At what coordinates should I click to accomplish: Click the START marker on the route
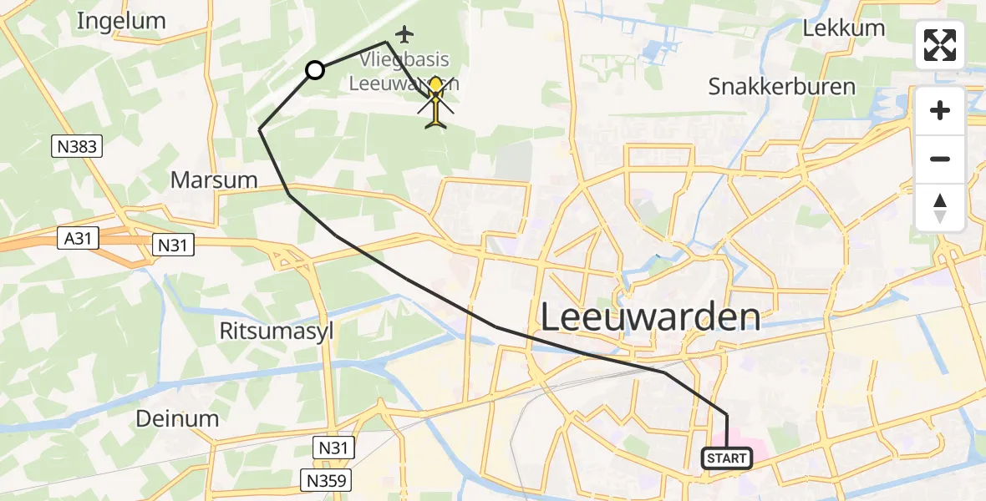tap(727, 458)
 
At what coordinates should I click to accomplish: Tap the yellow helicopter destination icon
tap(436, 104)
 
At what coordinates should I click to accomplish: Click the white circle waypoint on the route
tap(315, 70)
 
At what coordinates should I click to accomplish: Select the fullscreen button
tap(940, 45)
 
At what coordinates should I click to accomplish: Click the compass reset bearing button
tap(940, 208)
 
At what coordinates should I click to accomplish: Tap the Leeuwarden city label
tap(651, 317)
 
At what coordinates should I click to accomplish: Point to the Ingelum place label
tap(121, 21)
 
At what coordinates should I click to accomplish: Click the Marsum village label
tap(214, 180)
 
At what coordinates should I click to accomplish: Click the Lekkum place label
tap(843, 28)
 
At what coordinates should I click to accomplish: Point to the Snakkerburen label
tap(781, 86)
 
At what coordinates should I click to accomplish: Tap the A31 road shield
tap(77, 239)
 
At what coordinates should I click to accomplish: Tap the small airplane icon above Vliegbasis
tap(405, 34)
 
